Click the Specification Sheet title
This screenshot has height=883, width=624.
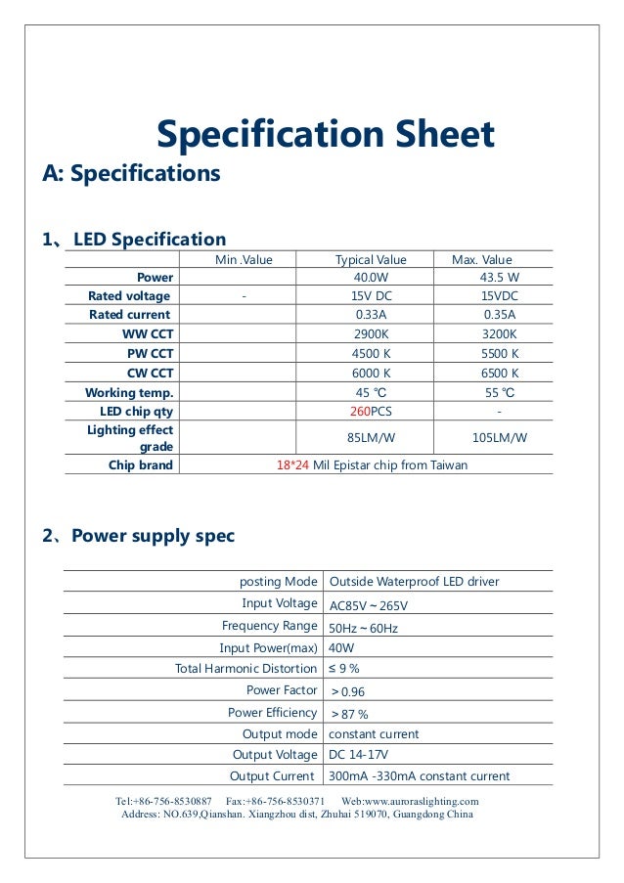(326, 134)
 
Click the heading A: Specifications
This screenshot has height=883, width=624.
(131, 174)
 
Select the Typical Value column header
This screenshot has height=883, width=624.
(371, 259)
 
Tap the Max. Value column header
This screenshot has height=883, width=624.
(481, 259)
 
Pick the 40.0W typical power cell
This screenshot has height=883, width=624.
(371, 278)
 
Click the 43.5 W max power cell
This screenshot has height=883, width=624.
(499, 278)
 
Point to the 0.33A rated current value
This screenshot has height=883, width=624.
(371, 315)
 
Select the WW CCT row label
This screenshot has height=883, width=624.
(148, 334)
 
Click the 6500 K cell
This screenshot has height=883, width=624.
(499, 374)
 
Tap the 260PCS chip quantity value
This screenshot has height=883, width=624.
(371, 412)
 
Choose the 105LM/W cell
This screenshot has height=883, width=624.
(499, 438)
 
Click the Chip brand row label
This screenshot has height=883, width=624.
(140, 465)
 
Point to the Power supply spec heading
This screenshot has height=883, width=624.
(153, 536)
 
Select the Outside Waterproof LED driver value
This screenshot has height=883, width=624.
(414, 582)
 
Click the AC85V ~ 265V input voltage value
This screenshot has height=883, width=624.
(369, 605)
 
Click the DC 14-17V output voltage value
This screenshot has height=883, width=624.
(359, 755)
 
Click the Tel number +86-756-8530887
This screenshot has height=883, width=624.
(171, 802)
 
